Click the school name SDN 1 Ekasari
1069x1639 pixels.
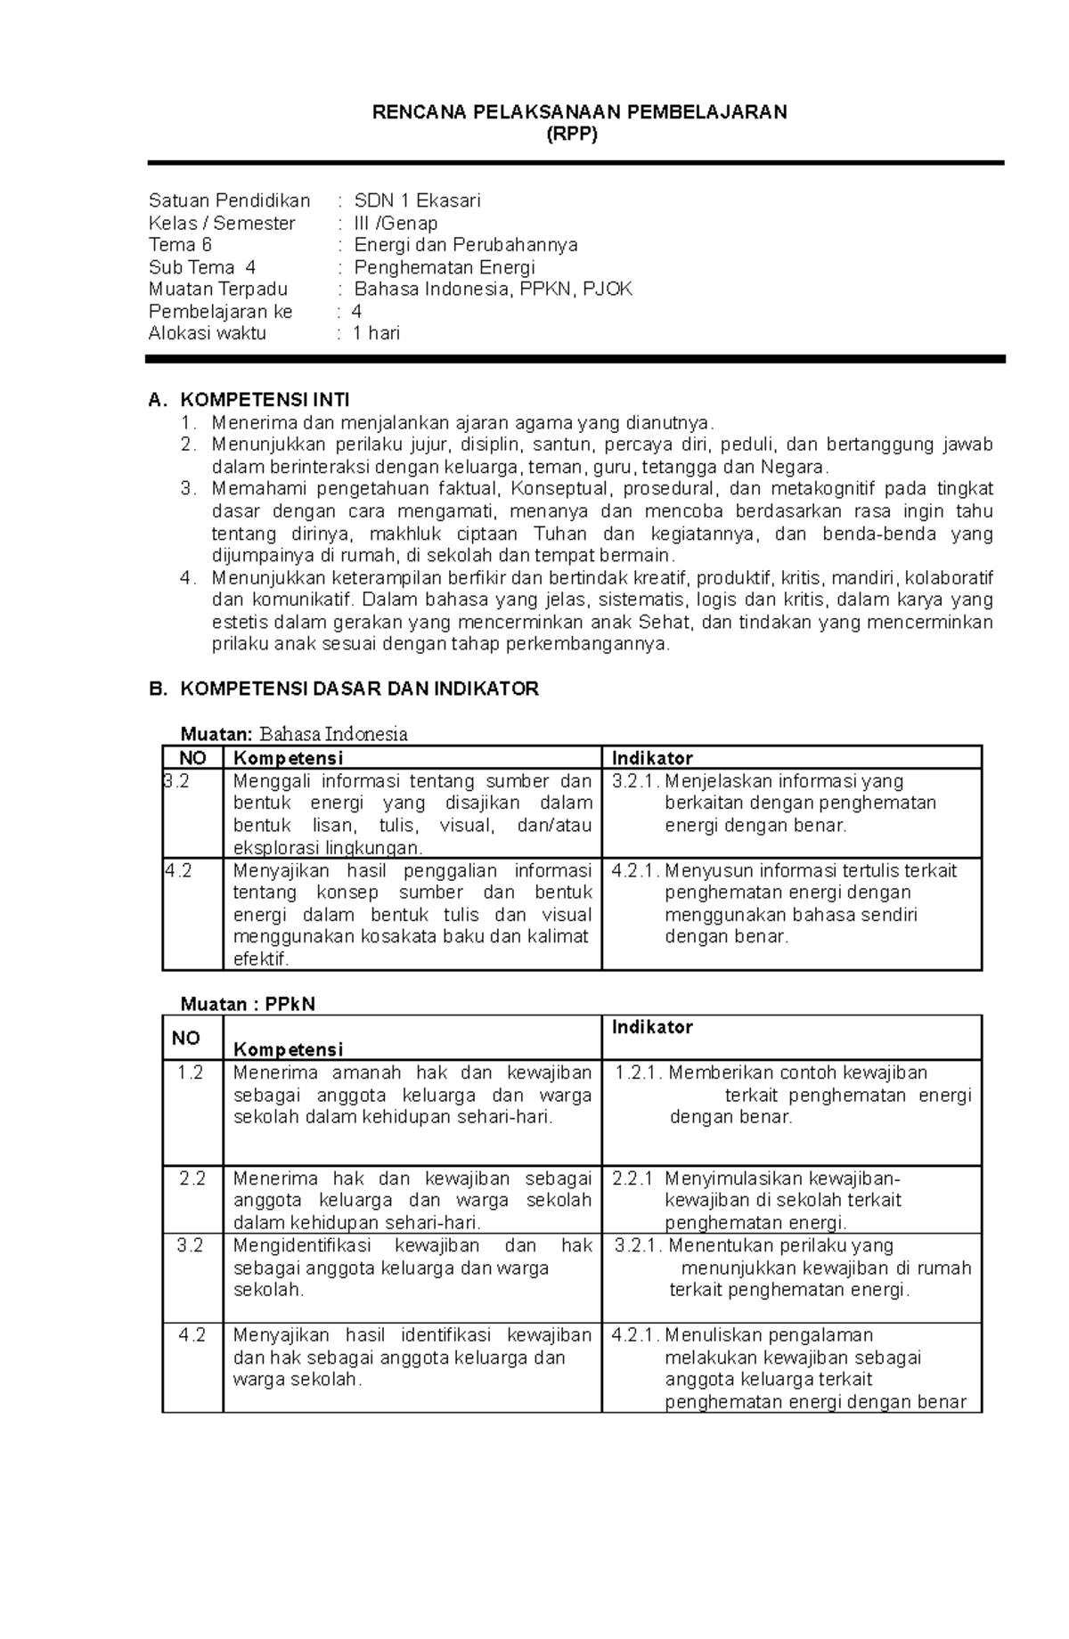pos(417,200)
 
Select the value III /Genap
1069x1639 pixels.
pos(396,223)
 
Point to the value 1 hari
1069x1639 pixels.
pos(376,333)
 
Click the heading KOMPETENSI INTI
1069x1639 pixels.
pos(265,399)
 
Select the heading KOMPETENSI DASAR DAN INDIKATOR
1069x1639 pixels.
pos(359,689)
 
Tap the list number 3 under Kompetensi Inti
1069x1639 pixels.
pos(186,489)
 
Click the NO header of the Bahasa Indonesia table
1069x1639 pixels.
pos(192,758)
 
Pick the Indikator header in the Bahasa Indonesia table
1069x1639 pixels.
pos(652,758)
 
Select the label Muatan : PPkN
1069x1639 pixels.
pos(248,1004)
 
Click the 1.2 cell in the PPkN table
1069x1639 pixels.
pos(191,1072)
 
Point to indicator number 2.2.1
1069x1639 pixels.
pos(632,1178)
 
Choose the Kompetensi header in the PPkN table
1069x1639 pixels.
pos(288,1049)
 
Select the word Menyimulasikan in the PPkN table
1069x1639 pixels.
pos(721,1178)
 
